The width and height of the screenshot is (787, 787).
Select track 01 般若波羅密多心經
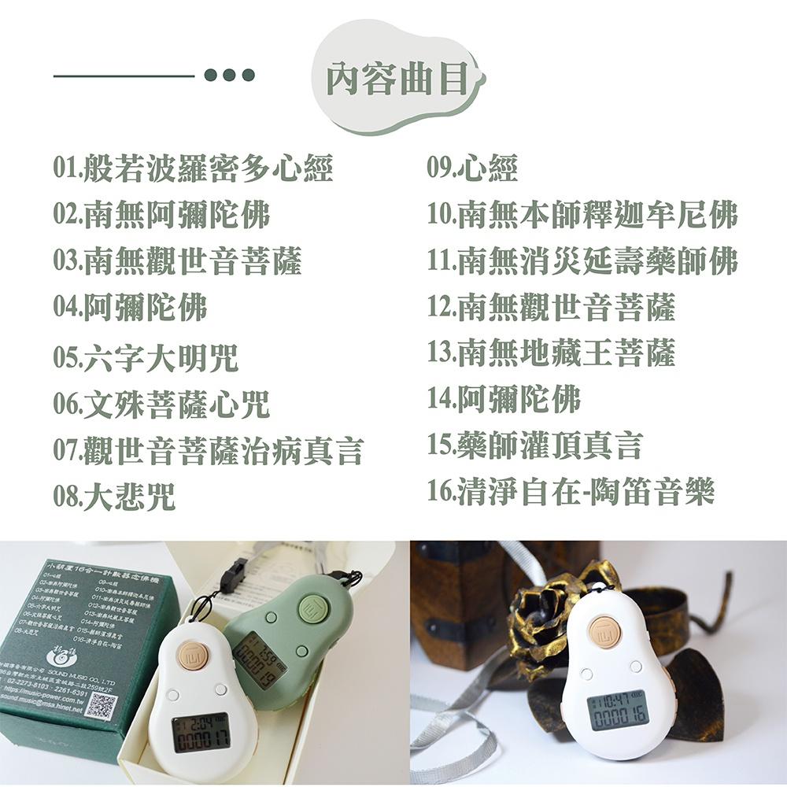pos(194,168)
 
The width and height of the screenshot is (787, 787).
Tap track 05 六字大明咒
pos(146,359)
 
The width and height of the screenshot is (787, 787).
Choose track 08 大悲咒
pos(115,497)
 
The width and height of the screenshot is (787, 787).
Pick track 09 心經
pos(472,168)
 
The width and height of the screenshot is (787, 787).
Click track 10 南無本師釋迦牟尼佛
pos(582,215)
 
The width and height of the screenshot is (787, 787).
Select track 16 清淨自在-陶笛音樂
pos(571,491)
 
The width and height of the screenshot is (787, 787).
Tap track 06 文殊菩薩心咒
pos(161,405)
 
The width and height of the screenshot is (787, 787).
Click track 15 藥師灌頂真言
pos(535,445)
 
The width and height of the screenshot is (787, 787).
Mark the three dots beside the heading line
pos(229,75)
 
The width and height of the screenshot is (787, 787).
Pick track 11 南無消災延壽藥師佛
pos(582,260)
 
